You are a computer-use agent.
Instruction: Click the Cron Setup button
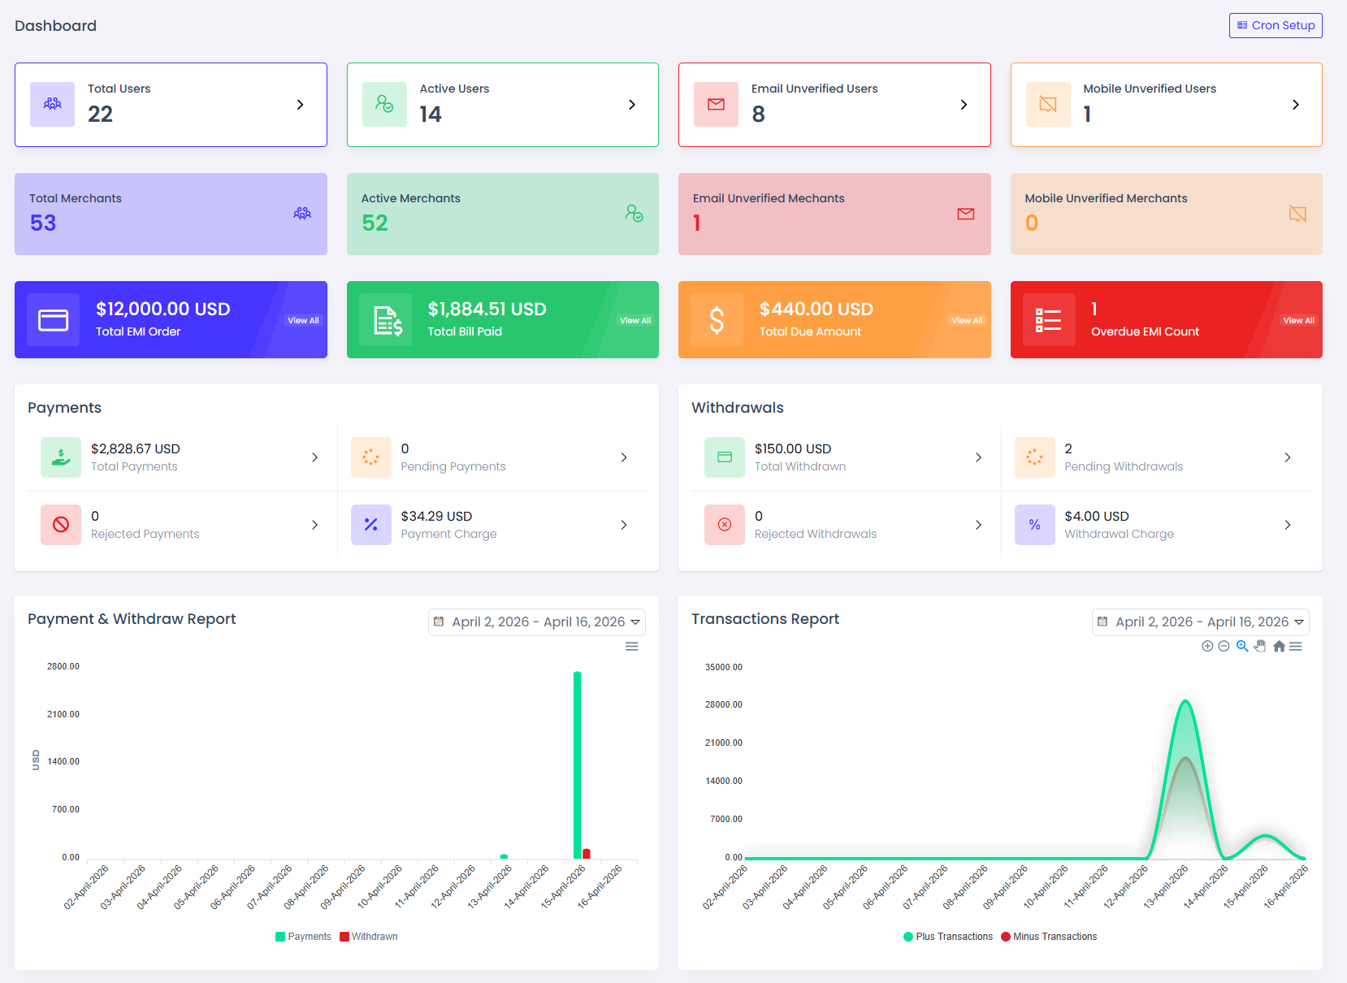1276,25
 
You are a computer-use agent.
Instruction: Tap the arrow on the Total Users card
300,105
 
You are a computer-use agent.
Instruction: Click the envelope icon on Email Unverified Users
716,105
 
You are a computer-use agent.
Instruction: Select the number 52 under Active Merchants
375,223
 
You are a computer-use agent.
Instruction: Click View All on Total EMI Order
303,320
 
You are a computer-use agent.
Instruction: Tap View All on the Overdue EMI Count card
1298,320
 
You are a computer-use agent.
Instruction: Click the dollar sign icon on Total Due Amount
717,320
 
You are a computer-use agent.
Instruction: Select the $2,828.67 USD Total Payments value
136,448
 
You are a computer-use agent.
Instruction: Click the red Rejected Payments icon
61,525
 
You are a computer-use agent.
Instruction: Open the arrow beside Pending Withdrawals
1288,457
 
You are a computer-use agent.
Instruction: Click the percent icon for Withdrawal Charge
1034,525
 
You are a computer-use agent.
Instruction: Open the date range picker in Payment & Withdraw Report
536,621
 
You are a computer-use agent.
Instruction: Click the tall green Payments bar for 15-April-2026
578,764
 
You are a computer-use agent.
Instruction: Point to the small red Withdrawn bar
587,854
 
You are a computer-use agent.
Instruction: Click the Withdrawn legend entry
369,936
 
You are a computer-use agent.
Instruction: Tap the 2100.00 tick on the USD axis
63,713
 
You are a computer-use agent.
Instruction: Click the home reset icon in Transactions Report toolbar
1279,647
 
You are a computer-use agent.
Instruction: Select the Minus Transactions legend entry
1049,936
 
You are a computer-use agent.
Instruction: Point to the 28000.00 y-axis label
723,704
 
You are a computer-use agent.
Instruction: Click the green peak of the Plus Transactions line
1185,701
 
